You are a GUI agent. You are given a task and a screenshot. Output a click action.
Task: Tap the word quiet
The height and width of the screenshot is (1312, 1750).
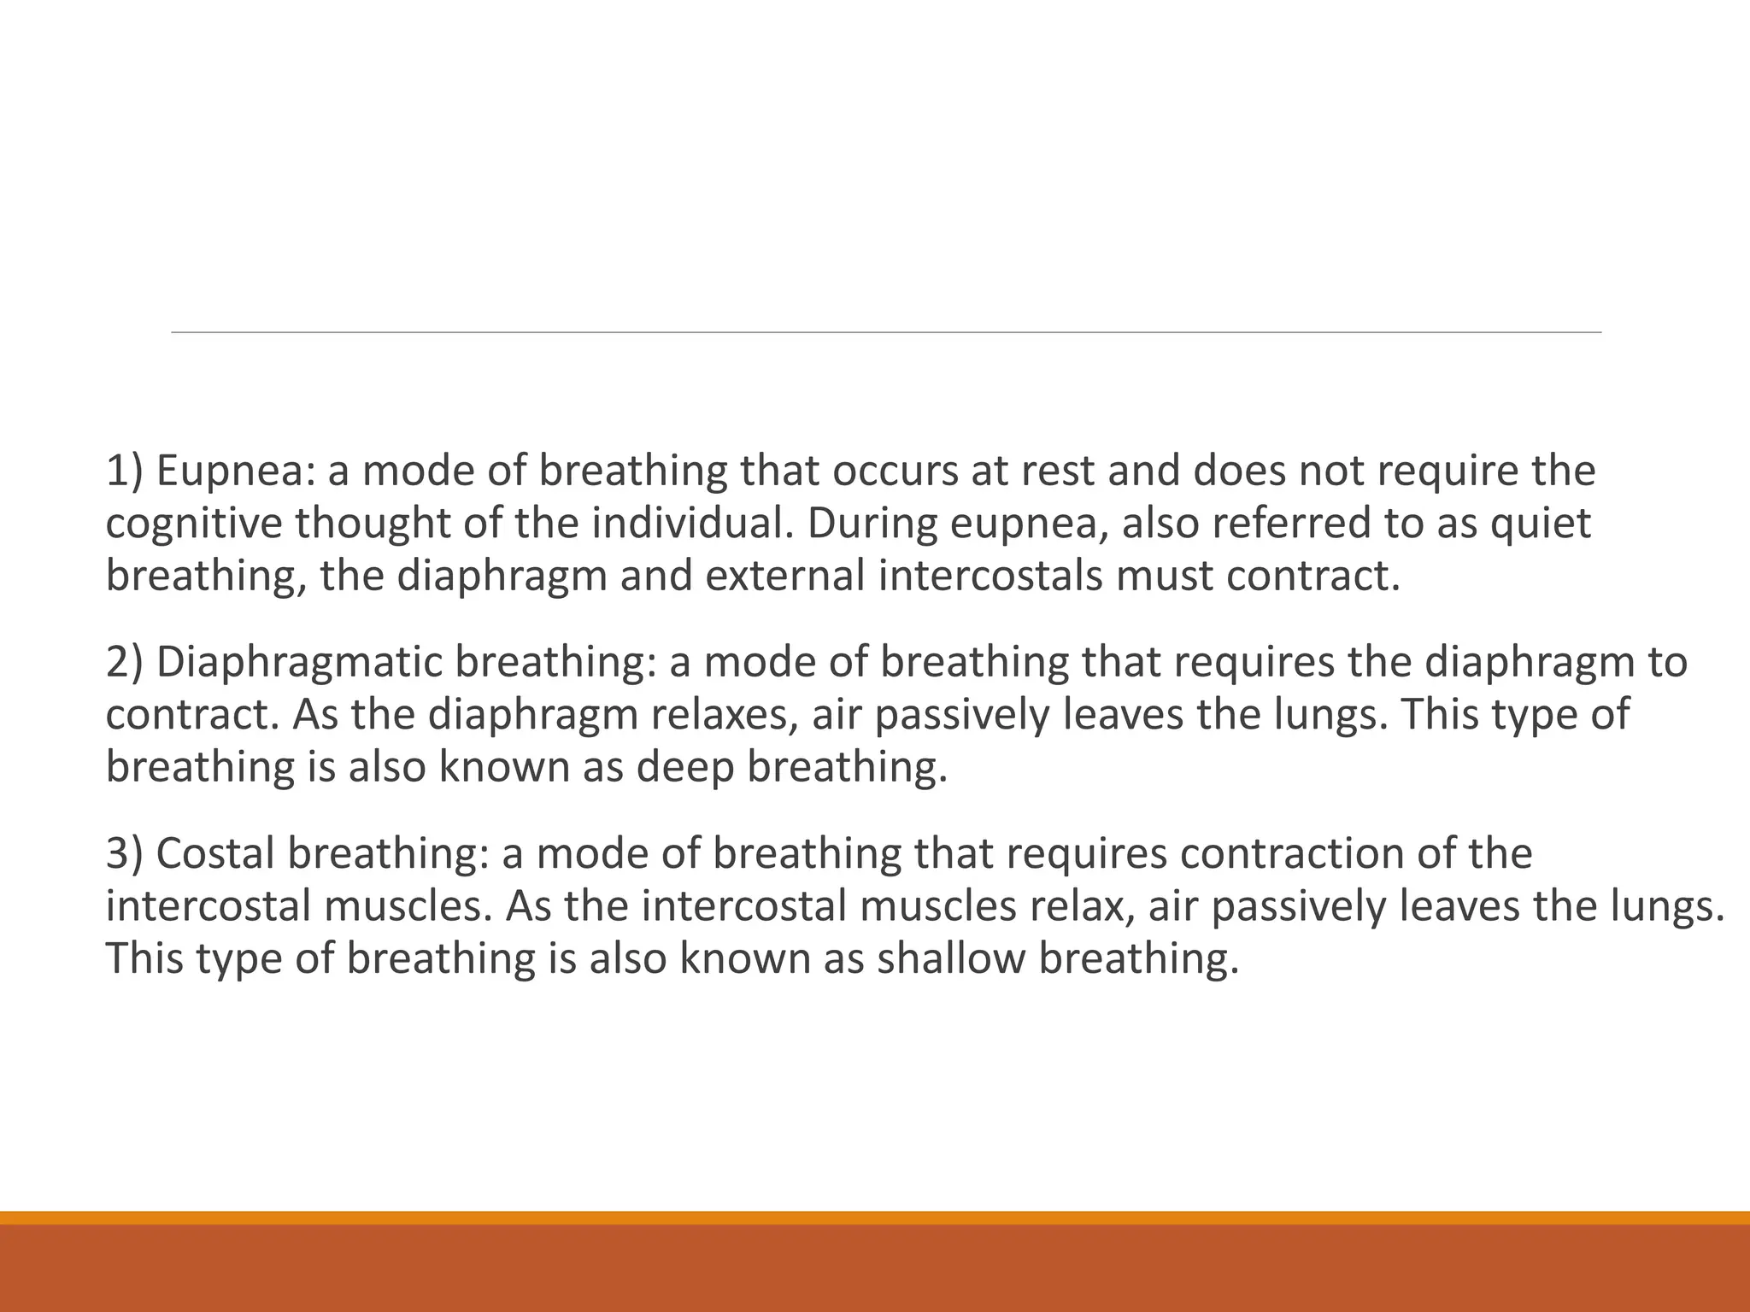click(1541, 524)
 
